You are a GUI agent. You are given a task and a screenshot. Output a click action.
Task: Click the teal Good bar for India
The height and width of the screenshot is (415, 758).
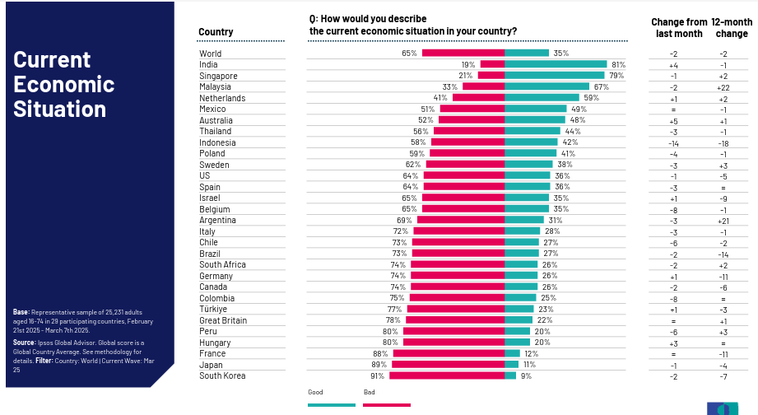click(x=555, y=64)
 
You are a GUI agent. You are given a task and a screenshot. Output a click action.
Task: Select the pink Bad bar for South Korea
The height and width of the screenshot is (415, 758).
click(x=447, y=375)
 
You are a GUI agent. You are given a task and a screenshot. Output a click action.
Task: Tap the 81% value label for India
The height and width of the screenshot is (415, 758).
click(x=619, y=64)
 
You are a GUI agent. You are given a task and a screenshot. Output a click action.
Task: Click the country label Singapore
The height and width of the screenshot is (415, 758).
click(x=218, y=76)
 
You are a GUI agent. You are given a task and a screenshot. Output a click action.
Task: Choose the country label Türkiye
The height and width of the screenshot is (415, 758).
click(x=213, y=310)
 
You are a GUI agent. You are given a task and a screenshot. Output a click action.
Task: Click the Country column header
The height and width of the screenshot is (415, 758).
click(x=216, y=32)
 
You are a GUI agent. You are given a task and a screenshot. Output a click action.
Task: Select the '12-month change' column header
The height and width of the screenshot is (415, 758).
click(x=732, y=28)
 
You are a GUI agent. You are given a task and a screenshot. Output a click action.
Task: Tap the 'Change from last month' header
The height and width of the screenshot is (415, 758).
click(x=679, y=28)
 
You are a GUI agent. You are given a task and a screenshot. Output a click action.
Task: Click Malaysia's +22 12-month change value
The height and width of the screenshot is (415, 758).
click(x=723, y=87)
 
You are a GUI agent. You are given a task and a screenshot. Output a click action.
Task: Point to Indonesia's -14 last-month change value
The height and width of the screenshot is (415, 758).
click(x=673, y=143)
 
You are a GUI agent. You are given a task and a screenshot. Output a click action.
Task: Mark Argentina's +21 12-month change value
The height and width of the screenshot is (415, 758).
click(x=723, y=221)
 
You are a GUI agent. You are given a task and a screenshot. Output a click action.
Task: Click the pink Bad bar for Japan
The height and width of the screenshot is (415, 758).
click(x=449, y=365)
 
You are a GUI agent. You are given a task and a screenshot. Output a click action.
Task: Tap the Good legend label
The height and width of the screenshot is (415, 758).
click(x=315, y=392)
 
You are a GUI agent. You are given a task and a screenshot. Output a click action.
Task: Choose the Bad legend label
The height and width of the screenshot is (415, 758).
click(x=369, y=392)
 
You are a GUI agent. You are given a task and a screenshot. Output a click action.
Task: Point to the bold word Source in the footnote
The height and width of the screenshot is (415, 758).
click(x=25, y=342)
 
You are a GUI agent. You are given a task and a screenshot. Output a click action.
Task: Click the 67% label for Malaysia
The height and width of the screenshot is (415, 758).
click(x=601, y=86)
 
